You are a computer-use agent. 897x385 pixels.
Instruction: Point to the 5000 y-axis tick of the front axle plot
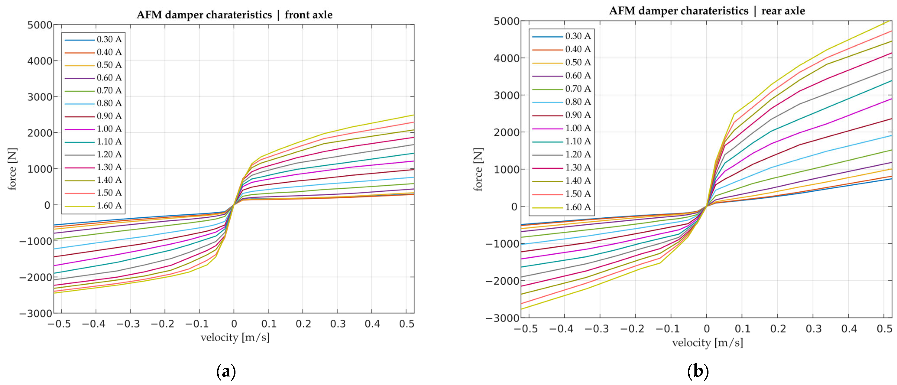coord(40,25)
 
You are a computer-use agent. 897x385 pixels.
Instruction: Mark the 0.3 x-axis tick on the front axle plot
coord(337,324)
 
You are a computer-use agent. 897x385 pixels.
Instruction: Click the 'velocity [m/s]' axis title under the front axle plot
coord(235,337)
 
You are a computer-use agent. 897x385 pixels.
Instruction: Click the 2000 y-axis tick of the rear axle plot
coord(507,132)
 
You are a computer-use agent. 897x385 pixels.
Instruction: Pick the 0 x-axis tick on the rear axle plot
coord(706,329)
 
